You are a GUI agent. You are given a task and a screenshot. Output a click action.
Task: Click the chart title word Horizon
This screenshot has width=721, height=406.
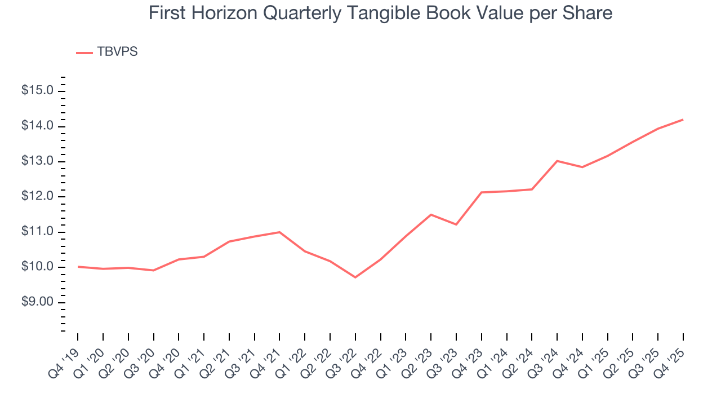pyautogui.click(x=225, y=13)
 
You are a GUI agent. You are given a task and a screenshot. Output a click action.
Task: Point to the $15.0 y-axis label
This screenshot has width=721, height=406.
pyautogui.click(x=37, y=91)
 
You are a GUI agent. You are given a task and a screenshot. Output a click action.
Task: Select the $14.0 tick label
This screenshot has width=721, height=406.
pyautogui.click(x=37, y=126)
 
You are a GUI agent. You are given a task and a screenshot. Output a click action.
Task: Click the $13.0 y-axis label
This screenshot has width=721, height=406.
pyautogui.click(x=37, y=162)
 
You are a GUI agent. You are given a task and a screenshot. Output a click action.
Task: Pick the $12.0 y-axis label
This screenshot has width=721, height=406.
pyautogui.click(x=37, y=197)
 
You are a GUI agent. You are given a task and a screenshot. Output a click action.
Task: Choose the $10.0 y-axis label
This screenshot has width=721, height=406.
pyautogui.click(x=37, y=267)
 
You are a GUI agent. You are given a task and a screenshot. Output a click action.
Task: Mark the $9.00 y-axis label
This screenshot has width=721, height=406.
pyautogui.click(x=37, y=303)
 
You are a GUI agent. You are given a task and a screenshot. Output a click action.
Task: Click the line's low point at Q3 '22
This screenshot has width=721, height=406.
pyautogui.click(x=355, y=277)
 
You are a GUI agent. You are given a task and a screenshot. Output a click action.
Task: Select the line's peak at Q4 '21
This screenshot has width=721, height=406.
pyautogui.click(x=279, y=232)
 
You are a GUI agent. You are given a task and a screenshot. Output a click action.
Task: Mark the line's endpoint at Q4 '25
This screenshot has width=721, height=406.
pyautogui.click(x=683, y=120)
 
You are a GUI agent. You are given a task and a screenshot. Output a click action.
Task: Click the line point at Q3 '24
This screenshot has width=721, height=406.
pyautogui.click(x=557, y=161)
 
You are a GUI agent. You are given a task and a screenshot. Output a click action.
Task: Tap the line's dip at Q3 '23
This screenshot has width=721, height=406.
pyautogui.click(x=456, y=224)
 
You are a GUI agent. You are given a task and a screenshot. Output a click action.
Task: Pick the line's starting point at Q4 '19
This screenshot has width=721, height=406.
pyautogui.click(x=78, y=266)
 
